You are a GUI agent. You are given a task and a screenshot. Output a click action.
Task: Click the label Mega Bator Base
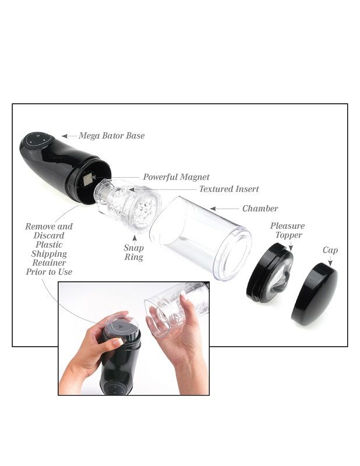(x=111, y=136)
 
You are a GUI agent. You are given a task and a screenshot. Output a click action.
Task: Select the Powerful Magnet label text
(x=176, y=177)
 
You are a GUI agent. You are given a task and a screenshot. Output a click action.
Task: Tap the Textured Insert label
(x=229, y=189)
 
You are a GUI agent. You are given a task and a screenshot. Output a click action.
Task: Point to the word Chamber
(x=260, y=209)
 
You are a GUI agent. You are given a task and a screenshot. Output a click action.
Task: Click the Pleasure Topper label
(x=287, y=231)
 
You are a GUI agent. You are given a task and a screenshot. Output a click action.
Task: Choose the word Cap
(x=330, y=250)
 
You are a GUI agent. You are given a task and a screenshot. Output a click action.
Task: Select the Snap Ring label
(x=133, y=252)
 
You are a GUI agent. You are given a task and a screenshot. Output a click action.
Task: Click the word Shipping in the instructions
(x=49, y=254)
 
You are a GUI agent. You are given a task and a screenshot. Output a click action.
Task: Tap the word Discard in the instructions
(x=49, y=236)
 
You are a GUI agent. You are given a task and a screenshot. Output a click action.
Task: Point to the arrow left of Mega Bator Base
(x=69, y=136)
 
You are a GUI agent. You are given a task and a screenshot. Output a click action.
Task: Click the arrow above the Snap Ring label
(x=135, y=238)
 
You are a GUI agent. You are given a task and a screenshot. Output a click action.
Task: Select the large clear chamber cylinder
(x=201, y=236)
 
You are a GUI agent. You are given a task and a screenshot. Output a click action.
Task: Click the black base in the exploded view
(x=62, y=165)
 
